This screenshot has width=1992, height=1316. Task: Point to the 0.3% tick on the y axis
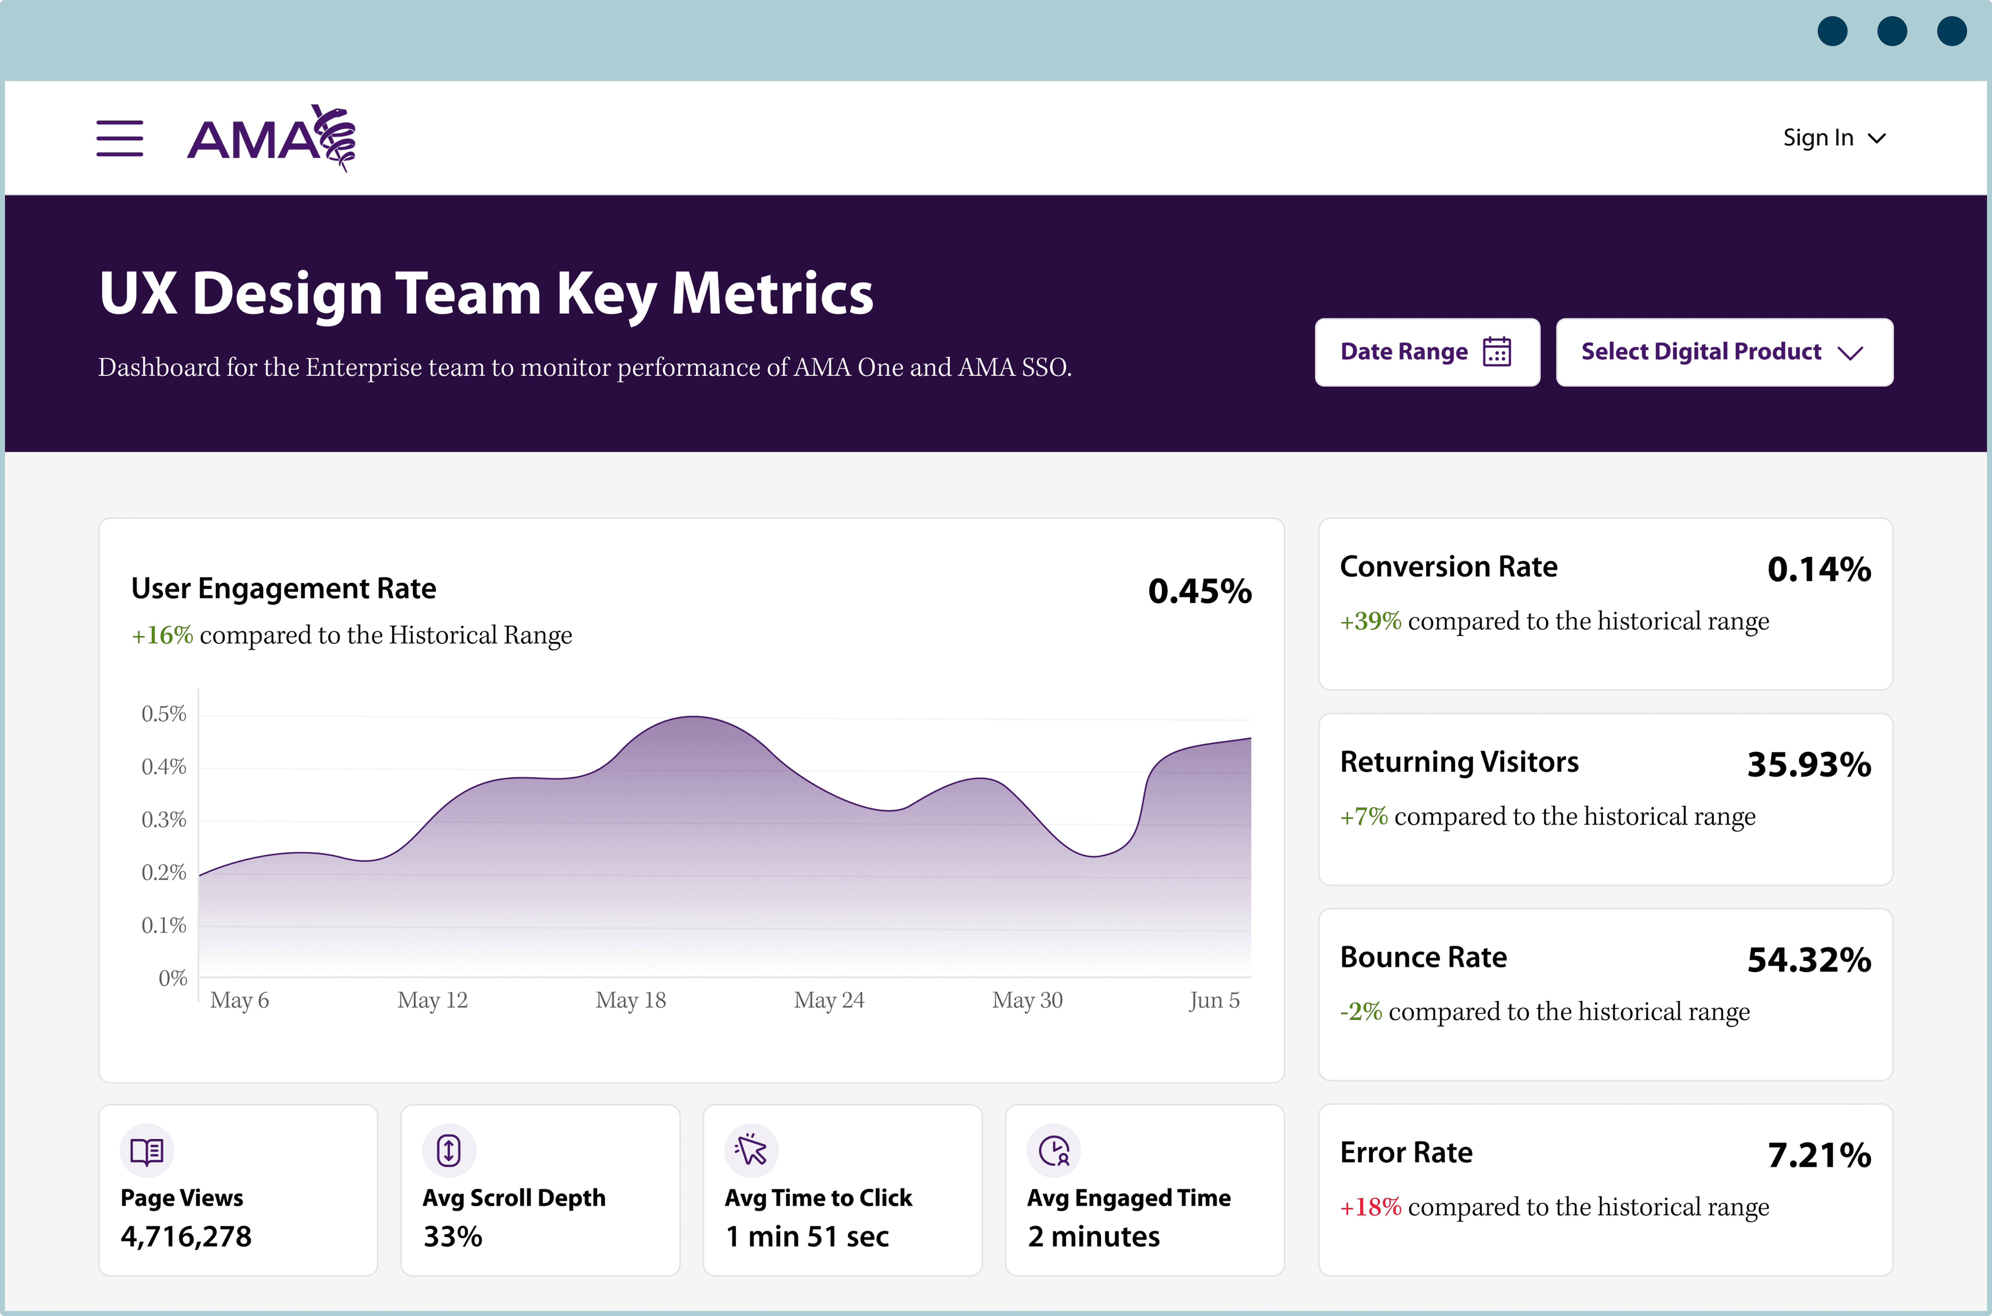tap(164, 819)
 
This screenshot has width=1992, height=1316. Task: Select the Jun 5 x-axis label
tap(1214, 1000)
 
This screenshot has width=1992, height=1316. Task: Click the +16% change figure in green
tap(163, 635)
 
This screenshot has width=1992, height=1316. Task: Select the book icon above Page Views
tap(147, 1151)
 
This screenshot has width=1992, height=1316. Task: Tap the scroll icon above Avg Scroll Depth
tap(449, 1151)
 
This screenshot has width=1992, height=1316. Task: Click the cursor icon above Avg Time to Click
tap(751, 1151)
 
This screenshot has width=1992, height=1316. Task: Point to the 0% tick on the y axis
tap(173, 978)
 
